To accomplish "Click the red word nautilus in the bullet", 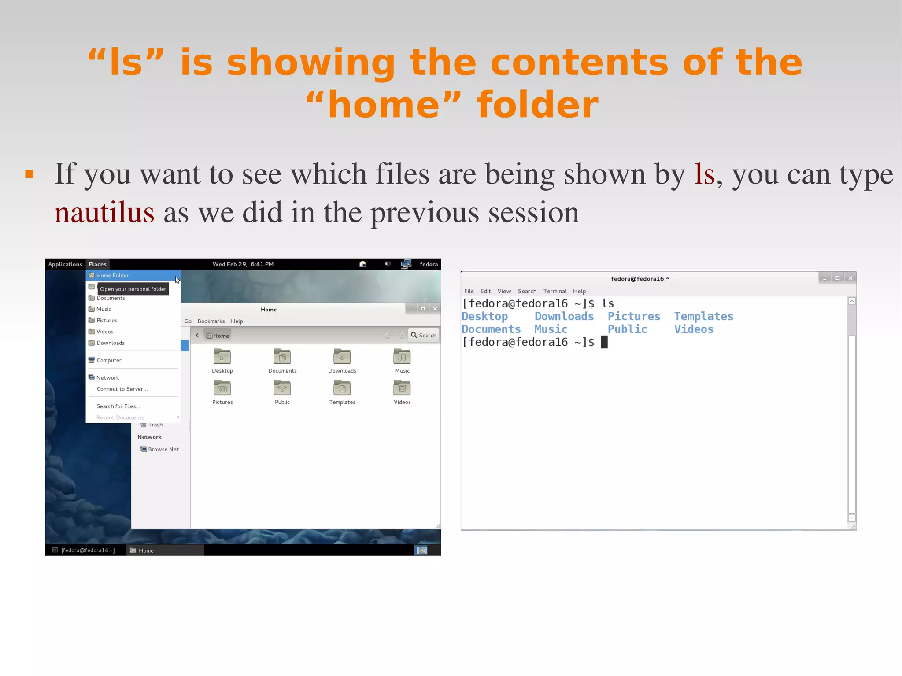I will (x=104, y=213).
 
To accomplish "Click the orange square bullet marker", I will (x=30, y=174).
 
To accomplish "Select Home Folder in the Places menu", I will (x=112, y=276).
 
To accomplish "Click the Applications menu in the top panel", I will (x=65, y=264).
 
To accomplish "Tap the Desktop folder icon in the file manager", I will (x=222, y=357).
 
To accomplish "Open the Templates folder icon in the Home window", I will (x=342, y=388).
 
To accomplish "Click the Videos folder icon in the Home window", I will (x=402, y=388).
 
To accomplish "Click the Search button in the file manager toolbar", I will (x=423, y=336).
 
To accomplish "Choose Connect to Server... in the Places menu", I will (x=122, y=389).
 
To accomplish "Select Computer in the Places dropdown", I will (x=109, y=360).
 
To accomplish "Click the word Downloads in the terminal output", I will (x=564, y=317).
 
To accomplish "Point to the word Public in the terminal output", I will (x=627, y=329).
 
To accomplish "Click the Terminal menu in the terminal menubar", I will (x=555, y=291).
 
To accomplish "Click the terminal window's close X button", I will (x=850, y=278).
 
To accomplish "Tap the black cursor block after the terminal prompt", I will (x=604, y=342).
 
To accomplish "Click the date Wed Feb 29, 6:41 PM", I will (x=243, y=264).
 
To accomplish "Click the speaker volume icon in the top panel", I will (x=387, y=264).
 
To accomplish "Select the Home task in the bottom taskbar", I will (x=146, y=550).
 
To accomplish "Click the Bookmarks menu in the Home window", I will (x=211, y=321).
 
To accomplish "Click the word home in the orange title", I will (x=384, y=105).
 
